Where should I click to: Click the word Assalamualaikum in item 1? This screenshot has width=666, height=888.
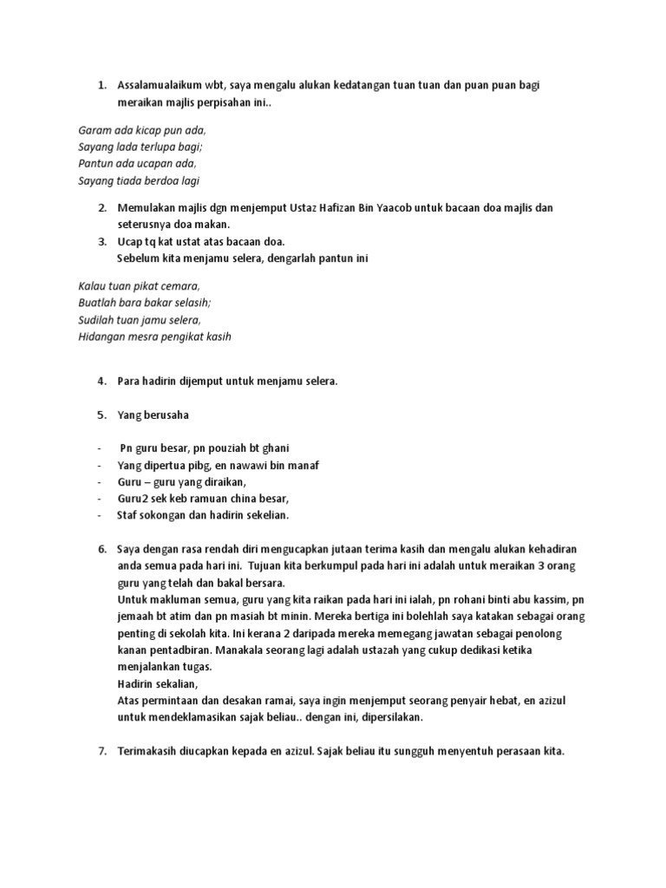[160, 85]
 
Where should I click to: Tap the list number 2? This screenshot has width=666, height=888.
[101, 208]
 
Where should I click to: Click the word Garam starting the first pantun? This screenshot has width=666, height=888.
[95, 130]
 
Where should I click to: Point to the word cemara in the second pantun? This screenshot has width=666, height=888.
[178, 286]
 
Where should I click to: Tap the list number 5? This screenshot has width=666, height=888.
[101, 415]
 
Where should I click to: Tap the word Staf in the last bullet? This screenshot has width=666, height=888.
[127, 515]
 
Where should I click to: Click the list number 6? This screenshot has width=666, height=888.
[101, 550]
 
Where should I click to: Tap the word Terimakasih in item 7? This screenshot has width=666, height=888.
[150, 752]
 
